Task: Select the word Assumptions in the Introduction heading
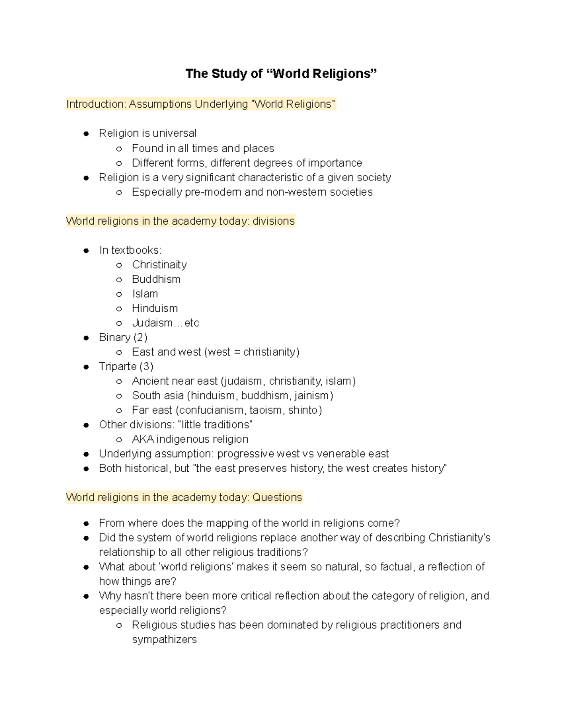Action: [x=160, y=104]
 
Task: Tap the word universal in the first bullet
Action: [x=174, y=133]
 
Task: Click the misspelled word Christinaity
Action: [x=159, y=264]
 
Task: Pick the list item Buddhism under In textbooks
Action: [x=156, y=279]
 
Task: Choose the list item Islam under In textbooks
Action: [x=145, y=294]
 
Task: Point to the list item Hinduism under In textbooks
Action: [x=155, y=308]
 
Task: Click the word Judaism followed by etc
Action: [x=152, y=323]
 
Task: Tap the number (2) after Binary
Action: [x=140, y=337]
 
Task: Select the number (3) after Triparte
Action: [x=146, y=366]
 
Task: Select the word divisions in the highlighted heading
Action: [x=274, y=221]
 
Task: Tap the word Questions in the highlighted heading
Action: [x=277, y=497]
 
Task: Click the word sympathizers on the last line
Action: [x=164, y=639]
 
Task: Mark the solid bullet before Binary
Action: [x=86, y=338]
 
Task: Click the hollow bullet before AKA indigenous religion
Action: [x=119, y=440]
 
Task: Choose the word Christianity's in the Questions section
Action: [x=459, y=537]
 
